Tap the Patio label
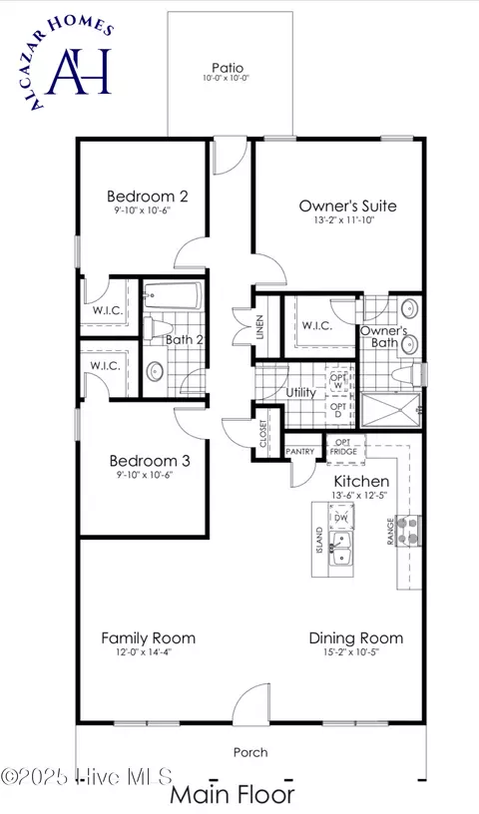tap(228, 68)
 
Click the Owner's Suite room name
tap(347, 206)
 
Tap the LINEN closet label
tap(259, 326)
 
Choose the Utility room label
tap(300, 393)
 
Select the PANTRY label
tap(300, 452)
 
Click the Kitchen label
tap(360, 481)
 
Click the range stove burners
tap(410, 533)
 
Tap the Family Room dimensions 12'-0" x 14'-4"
tap(148, 654)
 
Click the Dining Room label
tap(356, 638)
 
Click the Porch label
tap(250, 752)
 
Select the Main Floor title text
tap(232, 795)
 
